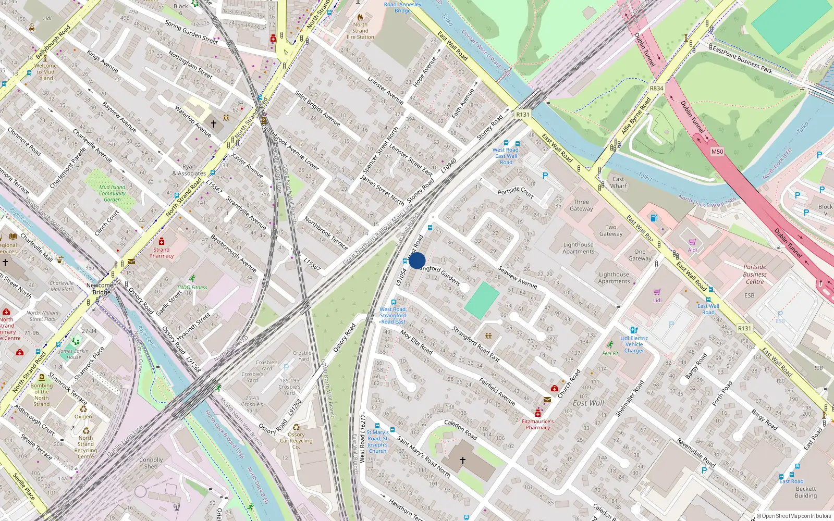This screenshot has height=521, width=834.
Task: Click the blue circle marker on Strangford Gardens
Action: point(417,260)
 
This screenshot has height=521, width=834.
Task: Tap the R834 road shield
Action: point(656,88)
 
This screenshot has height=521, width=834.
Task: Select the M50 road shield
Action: point(717,152)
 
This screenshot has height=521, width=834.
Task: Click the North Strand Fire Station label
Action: point(360,31)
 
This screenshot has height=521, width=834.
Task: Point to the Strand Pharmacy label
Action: point(162,253)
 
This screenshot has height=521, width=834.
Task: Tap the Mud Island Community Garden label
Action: point(112,193)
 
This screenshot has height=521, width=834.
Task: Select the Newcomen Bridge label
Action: point(102,289)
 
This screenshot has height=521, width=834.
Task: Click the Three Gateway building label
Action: point(581,205)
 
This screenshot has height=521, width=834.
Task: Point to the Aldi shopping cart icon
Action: point(692,242)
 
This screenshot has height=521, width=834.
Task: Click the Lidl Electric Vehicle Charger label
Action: point(634,344)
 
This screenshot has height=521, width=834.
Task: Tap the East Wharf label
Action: point(619,182)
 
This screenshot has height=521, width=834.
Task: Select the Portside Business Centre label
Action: point(754,274)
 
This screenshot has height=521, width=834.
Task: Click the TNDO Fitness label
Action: point(192,287)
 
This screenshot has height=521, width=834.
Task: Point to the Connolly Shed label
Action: point(151,463)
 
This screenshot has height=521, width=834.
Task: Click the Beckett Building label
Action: point(805,492)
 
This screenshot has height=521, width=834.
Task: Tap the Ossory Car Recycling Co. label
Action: point(296,441)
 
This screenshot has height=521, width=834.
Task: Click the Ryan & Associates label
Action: point(189,170)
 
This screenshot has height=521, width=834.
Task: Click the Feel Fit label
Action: point(610,353)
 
